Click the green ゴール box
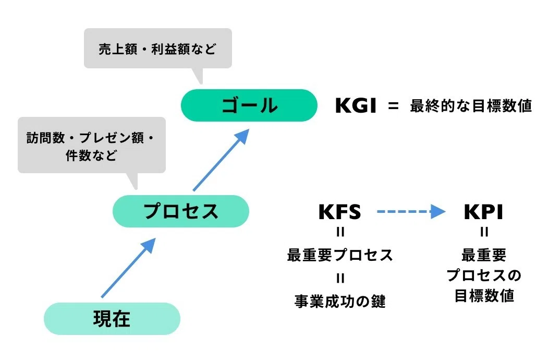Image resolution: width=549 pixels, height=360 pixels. tap(249, 105)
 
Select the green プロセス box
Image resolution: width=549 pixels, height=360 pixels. tap(181, 211)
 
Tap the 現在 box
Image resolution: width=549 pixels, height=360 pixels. tap(112, 319)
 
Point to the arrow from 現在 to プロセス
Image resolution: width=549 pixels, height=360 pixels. tap(128, 268)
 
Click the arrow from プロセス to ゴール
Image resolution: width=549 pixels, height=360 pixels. tap(221, 160)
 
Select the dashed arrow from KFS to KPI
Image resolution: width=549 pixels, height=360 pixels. tap(411, 211)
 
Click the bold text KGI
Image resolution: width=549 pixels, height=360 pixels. tap(356, 105)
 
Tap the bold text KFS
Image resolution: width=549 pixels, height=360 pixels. tap(339, 212)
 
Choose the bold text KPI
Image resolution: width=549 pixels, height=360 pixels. tap(483, 212)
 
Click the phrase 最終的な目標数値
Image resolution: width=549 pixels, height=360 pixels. tap(471, 105)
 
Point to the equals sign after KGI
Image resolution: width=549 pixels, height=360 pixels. tap(393, 105)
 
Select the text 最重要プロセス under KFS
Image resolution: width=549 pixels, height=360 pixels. tap(340, 255)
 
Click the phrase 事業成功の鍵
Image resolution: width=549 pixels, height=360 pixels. tap(340, 301)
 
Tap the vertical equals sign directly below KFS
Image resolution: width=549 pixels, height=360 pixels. tap(340, 232)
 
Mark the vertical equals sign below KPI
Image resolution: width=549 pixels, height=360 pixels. tap(484, 232)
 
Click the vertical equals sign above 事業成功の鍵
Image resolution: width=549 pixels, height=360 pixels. tap(340, 278)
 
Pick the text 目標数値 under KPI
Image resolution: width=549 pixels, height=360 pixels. tap(484, 295)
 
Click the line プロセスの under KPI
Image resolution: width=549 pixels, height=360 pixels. tap(484, 275)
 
